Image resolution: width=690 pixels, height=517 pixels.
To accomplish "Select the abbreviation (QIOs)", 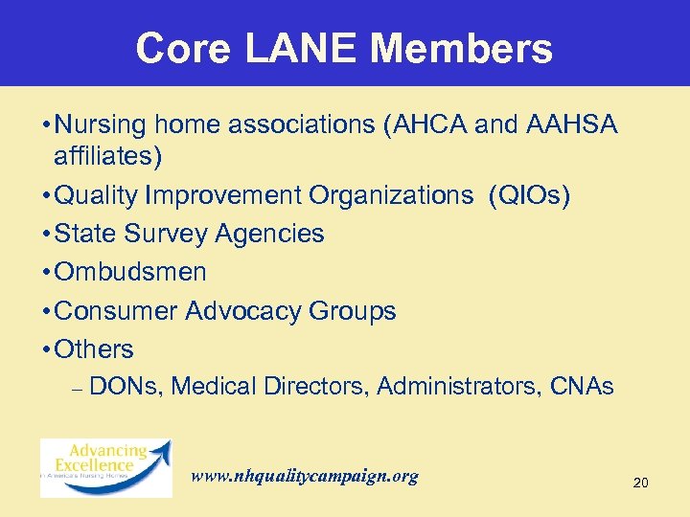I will [529, 195].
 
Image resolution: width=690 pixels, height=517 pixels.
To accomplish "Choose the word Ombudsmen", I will [130, 272].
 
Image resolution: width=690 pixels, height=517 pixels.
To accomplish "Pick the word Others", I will [94, 349].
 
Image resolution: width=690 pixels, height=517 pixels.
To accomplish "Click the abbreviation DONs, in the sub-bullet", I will [129, 387].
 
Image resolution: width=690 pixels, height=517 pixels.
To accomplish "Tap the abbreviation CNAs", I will [582, 387].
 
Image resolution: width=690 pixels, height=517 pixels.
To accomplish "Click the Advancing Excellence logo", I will [105, 467].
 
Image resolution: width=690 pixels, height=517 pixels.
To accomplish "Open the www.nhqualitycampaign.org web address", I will [305, 476].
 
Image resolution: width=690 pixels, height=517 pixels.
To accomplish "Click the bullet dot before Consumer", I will [47, 312].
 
